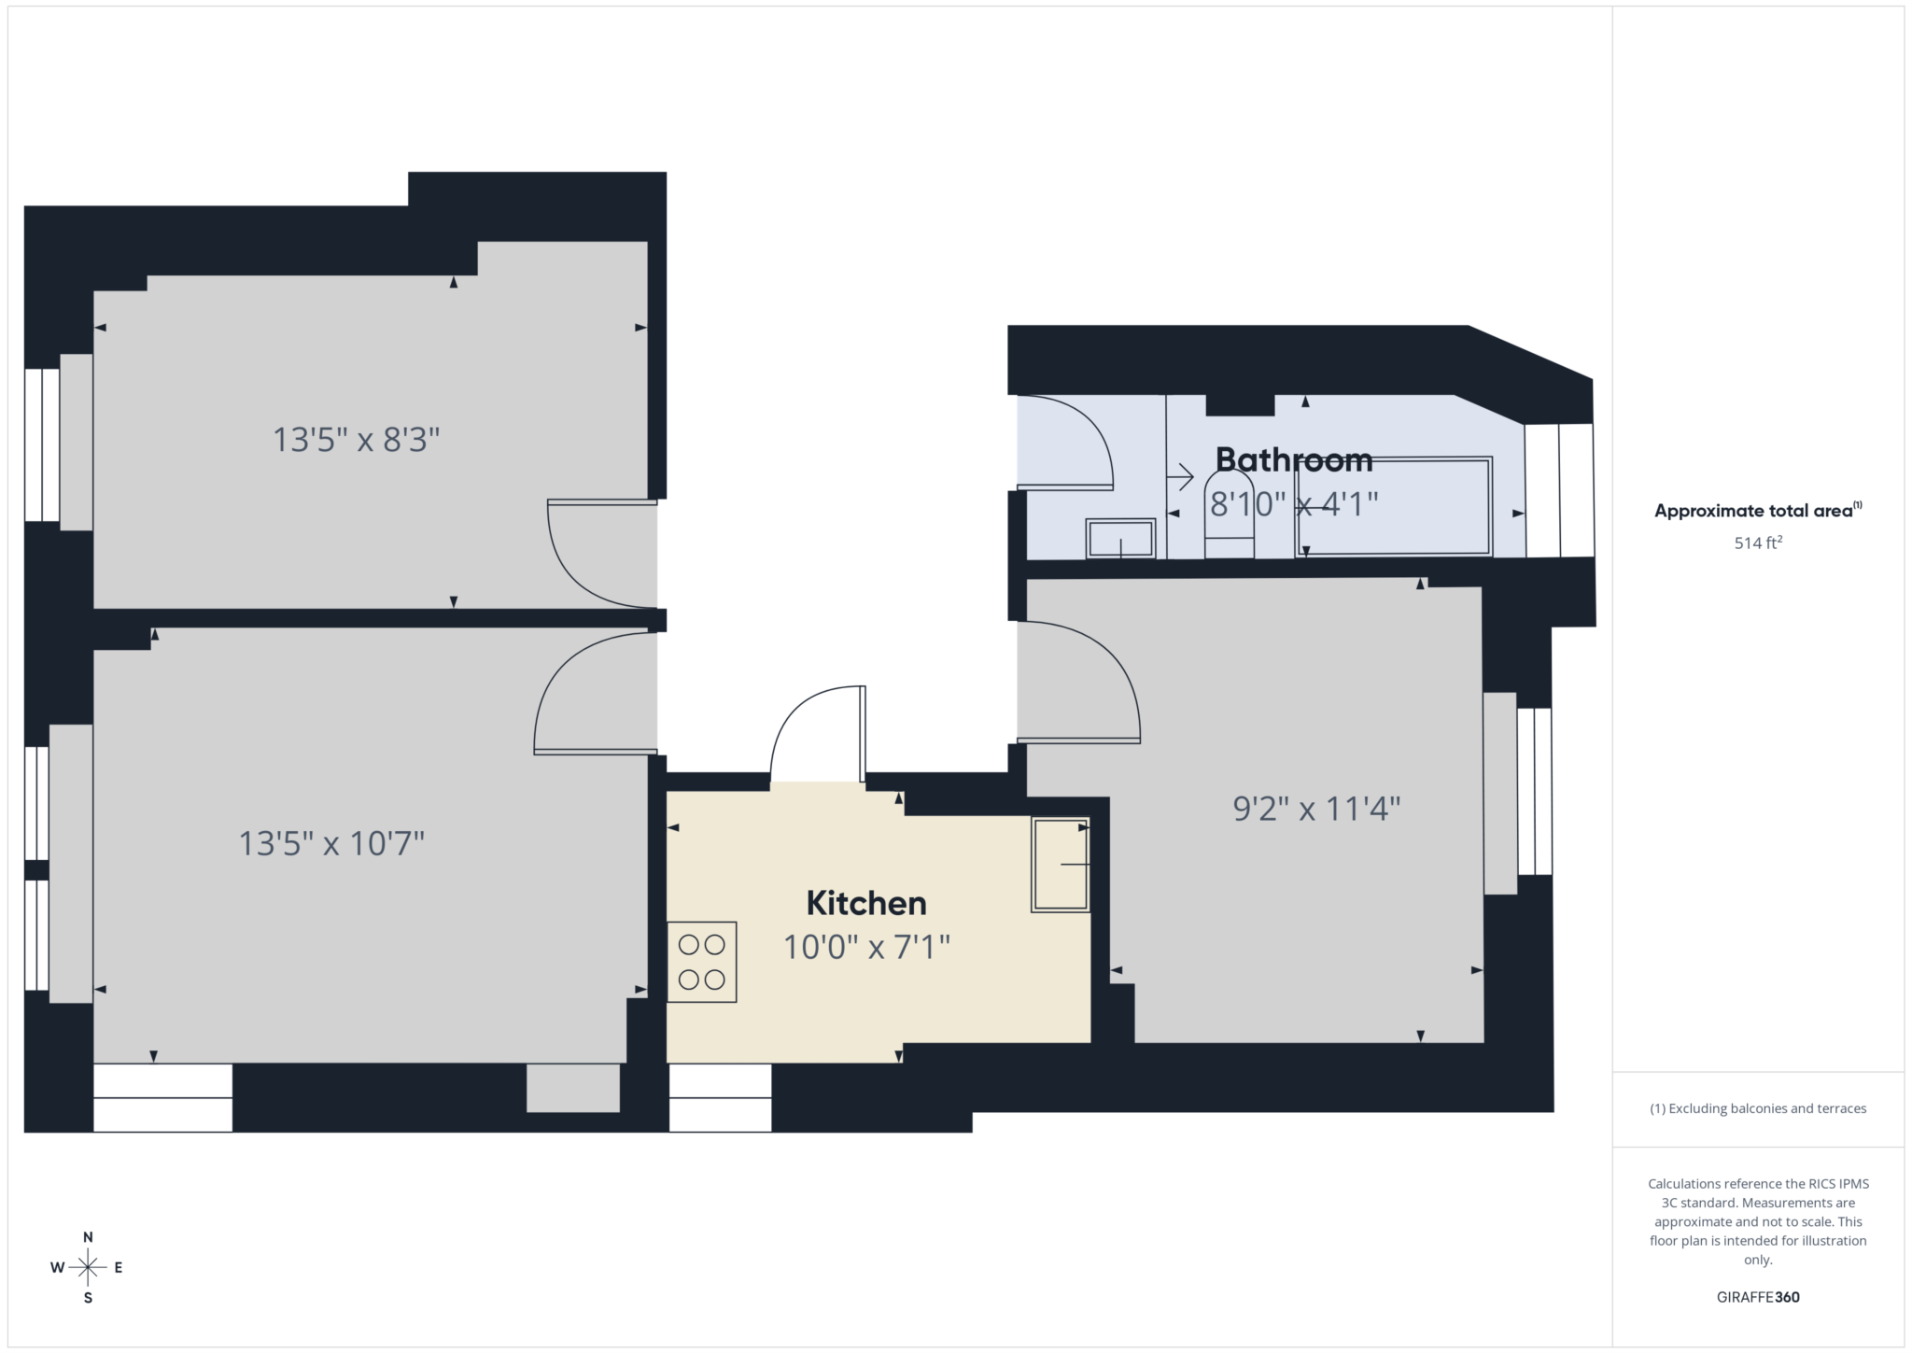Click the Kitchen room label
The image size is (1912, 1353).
point(865,903)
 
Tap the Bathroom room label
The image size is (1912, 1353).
point(1293,459)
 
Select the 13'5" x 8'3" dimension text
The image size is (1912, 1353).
point(356,439)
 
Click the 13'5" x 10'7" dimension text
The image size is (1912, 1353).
point(331,844)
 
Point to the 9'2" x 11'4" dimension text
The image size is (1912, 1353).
point(1316,809)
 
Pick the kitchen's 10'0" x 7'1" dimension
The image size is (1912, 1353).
point(865,948)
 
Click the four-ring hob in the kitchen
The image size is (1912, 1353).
point(701,962)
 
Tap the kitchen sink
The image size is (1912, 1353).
point(1060,865)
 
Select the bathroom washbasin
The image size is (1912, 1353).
point(1120,539)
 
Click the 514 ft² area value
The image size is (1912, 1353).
point(1758,543)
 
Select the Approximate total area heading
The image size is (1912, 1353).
point(1757,511)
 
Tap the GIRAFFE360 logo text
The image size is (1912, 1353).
point(1758,1297)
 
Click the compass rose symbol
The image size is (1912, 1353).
point(88,1267)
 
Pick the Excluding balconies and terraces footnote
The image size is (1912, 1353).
point(1758,1108)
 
